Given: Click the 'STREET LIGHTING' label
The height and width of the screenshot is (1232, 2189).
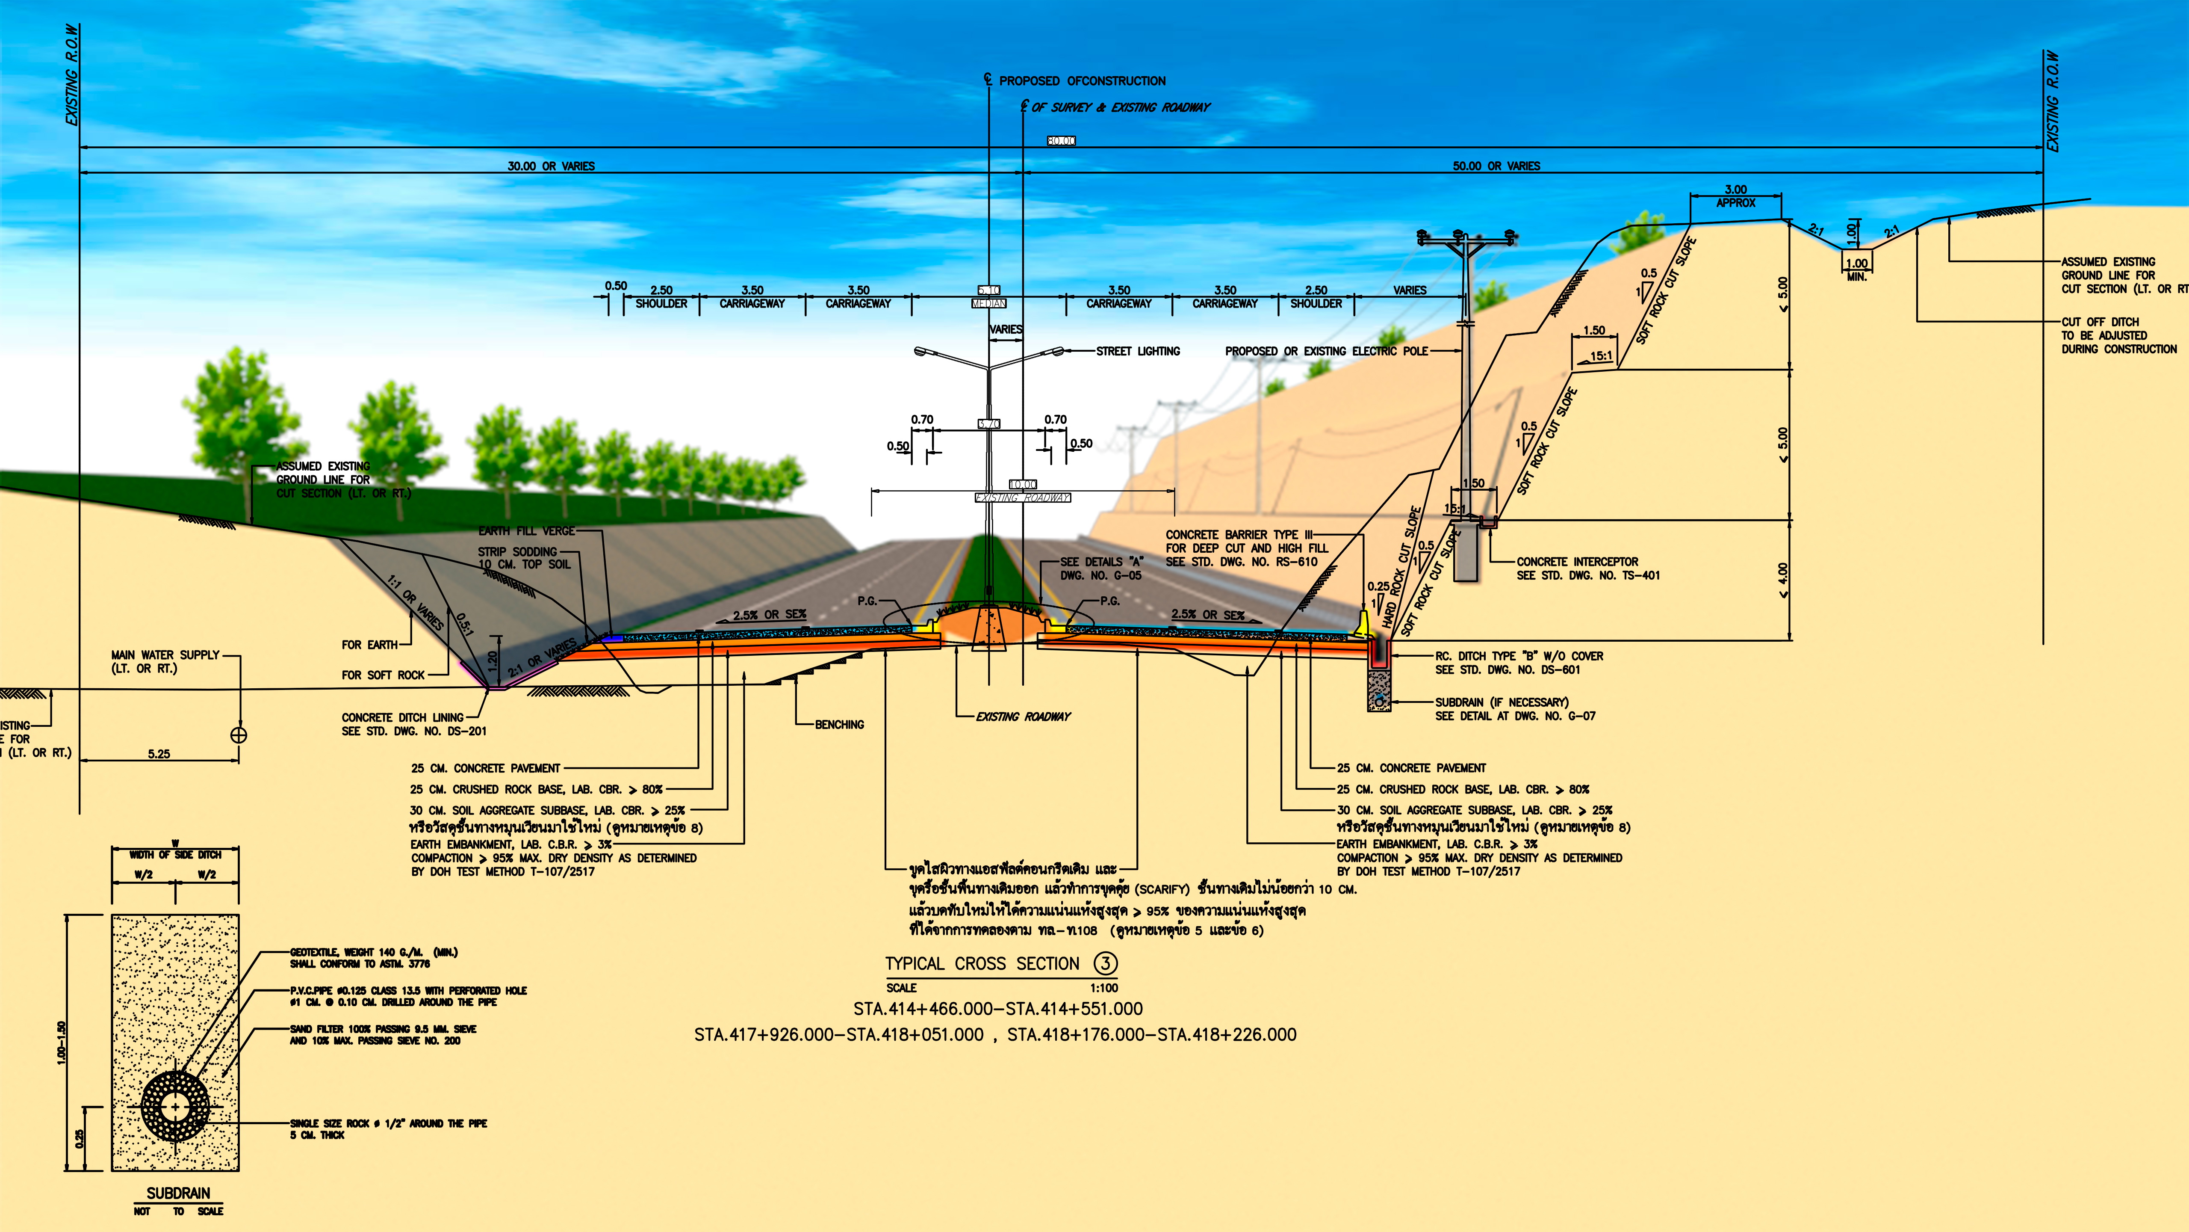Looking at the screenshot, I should point(1138,351).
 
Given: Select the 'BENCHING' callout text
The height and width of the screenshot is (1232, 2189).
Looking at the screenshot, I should point(839,724).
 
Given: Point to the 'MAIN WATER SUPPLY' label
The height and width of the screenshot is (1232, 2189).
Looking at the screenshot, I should point(166,654).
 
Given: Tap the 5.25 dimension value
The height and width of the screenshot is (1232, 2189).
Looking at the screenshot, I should point(159,753).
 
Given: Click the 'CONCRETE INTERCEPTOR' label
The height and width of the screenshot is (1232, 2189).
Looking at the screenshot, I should point(1577,562).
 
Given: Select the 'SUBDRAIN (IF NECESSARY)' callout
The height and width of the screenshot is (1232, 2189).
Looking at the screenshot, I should point(1502,702).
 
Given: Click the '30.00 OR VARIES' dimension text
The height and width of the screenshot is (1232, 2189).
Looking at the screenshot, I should point(552,166).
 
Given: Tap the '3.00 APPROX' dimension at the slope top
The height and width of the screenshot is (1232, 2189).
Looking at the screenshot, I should point(1735,195).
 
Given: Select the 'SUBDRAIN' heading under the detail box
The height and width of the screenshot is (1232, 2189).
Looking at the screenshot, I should point(178,1193).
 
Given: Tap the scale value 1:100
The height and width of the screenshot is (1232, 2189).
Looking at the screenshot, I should point(1104,988).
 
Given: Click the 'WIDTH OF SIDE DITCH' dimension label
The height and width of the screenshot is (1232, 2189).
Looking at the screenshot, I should point(175,855).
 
